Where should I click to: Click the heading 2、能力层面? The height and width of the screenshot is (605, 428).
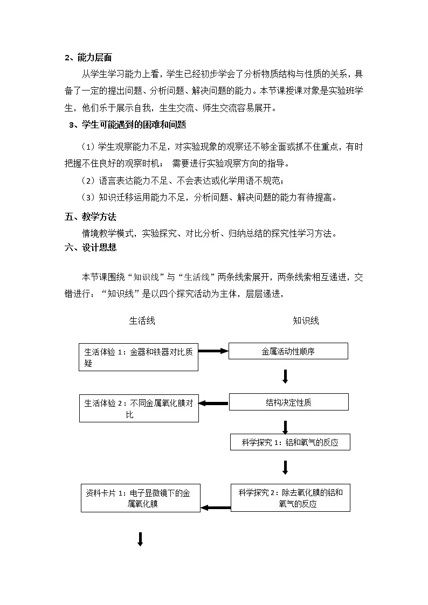click(88, 58)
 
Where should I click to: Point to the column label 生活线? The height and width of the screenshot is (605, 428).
click(142, 321)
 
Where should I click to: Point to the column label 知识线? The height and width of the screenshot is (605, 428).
click(306, 321)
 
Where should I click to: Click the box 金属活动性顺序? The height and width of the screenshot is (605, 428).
click(288, 351)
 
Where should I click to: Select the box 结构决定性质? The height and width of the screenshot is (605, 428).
click(288, 402)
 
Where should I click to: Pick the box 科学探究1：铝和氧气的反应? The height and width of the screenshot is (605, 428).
click(290, 442)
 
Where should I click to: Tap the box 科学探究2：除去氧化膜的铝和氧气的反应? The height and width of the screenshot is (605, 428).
click(290, 498)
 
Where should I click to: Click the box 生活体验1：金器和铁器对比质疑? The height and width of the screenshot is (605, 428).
click(139, 357)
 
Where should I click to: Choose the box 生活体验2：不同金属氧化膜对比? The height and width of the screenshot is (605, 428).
click(139, 408)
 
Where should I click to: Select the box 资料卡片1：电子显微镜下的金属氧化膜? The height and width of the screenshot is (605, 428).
click(140, 498)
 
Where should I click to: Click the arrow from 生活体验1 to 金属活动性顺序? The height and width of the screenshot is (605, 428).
click(213, 351)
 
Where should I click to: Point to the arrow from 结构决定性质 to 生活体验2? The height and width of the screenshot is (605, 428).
click(214, 404)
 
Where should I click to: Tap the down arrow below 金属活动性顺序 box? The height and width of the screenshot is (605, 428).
click(285, 376)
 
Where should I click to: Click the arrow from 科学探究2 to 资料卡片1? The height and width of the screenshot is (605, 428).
click(216, 507)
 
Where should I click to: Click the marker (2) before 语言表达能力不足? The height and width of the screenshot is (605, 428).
click(88, 180)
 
